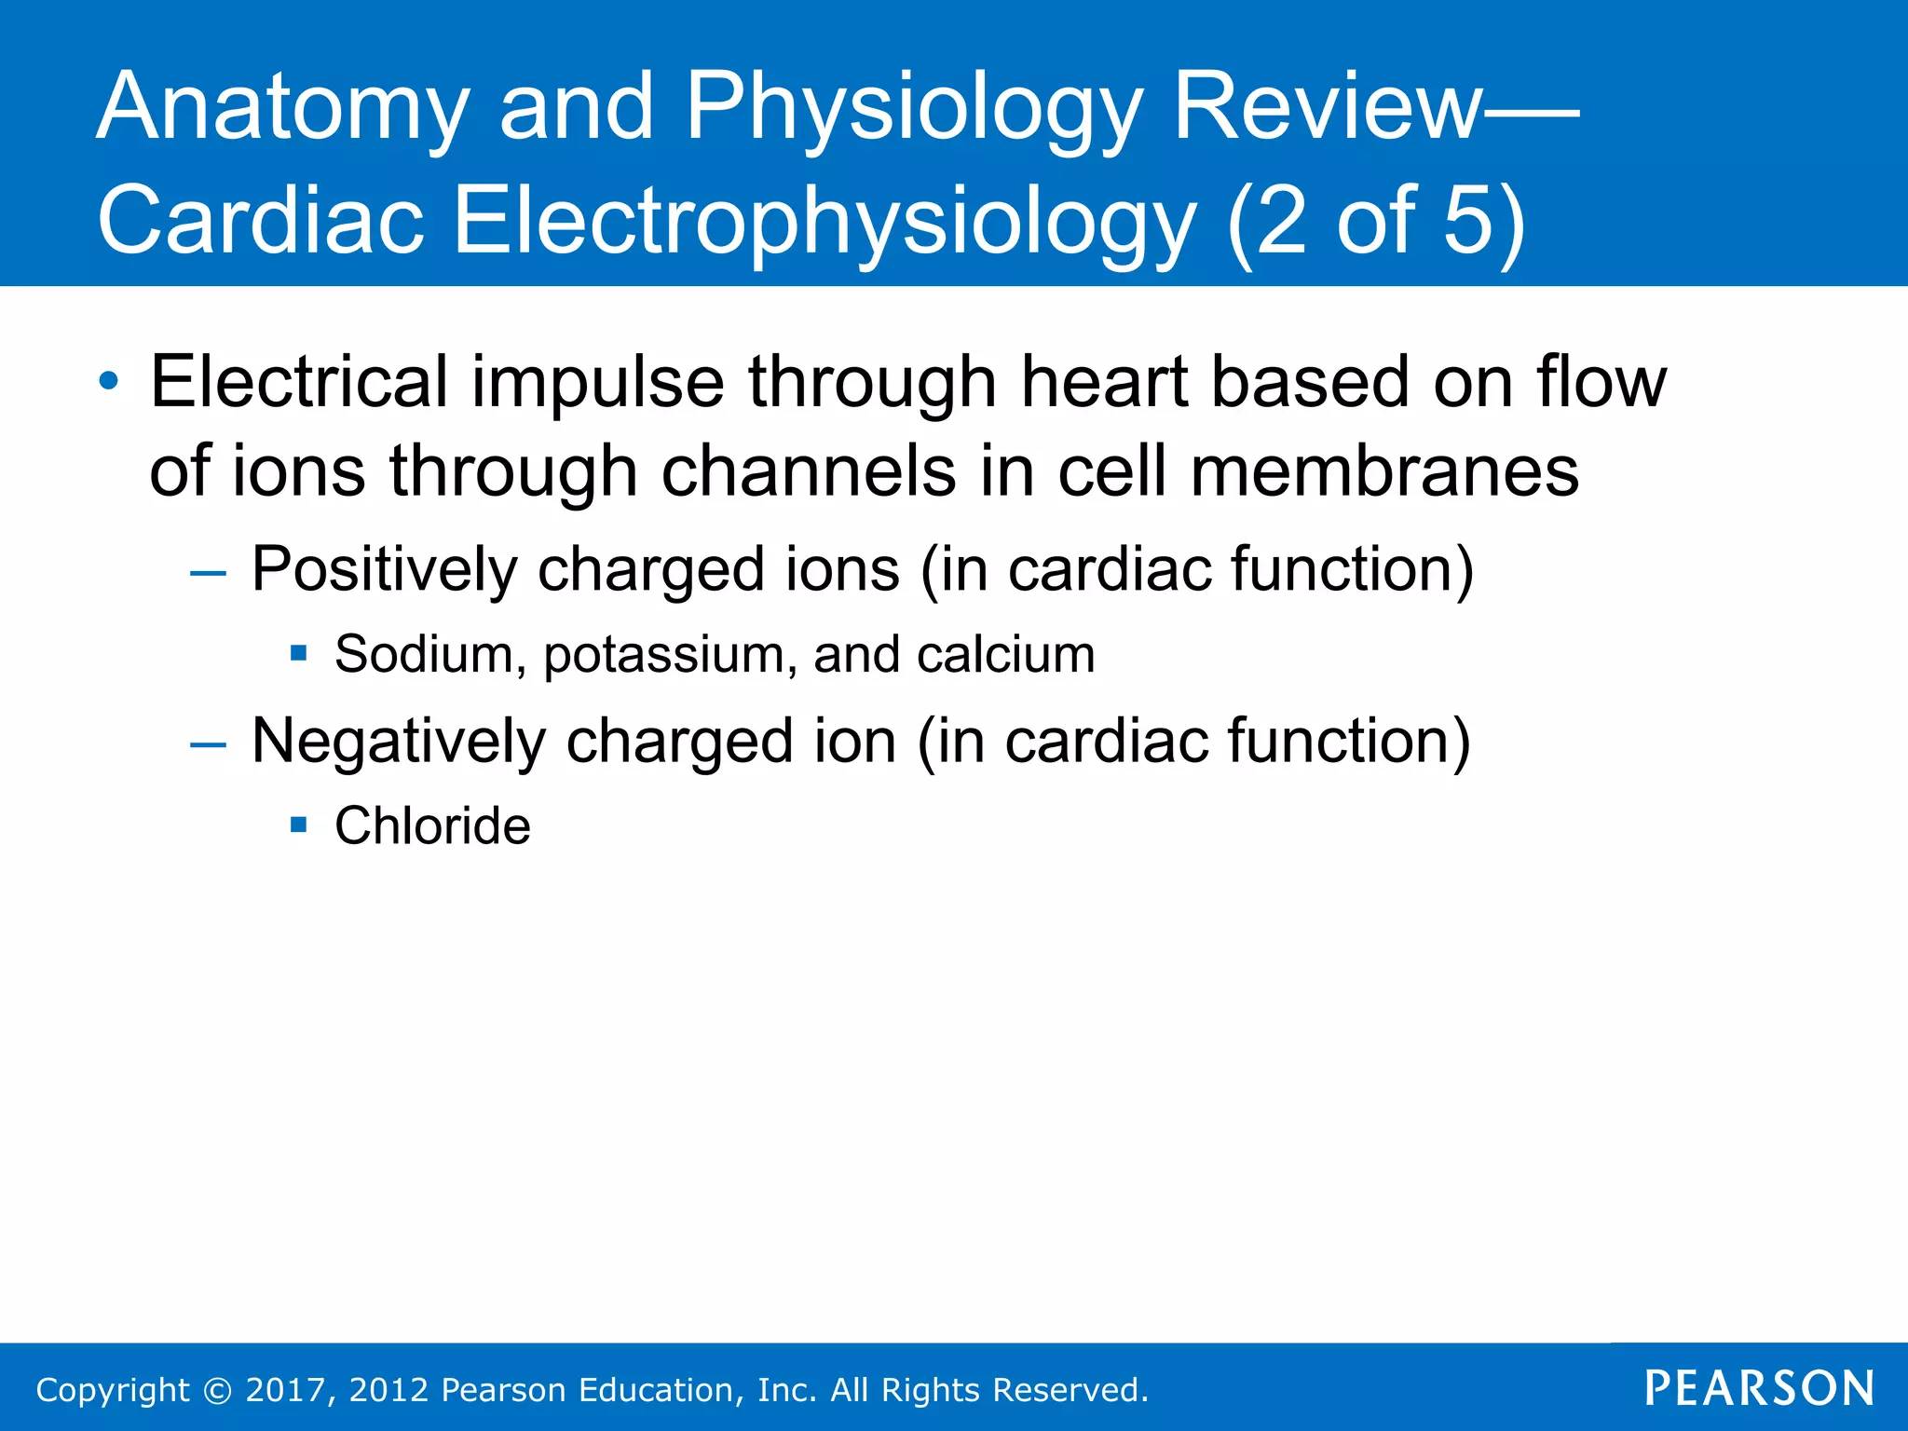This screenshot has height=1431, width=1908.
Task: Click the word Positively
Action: point(384,569)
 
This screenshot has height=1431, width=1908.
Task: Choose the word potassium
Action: point(670,656)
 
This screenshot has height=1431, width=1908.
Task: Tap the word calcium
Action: point(1005,654)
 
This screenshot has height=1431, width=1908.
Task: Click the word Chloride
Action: point(432,825)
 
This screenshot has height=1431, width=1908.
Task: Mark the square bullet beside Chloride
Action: point(299,825)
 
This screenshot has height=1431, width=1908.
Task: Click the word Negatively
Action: point(399,743)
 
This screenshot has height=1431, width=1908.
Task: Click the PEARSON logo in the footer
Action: point(1759,1388)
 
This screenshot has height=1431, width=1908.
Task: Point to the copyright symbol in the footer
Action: point(217,1390)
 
